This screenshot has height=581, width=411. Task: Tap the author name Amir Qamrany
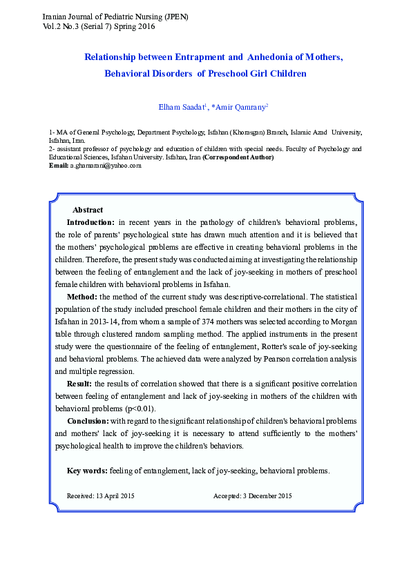coord(241,106)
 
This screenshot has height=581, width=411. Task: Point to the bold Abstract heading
coord(88,210)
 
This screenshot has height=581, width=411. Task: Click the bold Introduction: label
coord(90,221)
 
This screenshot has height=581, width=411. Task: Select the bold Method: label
coord(82,296)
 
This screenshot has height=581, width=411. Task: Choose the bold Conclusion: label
coord(88,421)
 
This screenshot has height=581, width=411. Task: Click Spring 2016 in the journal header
coord(137,26)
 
